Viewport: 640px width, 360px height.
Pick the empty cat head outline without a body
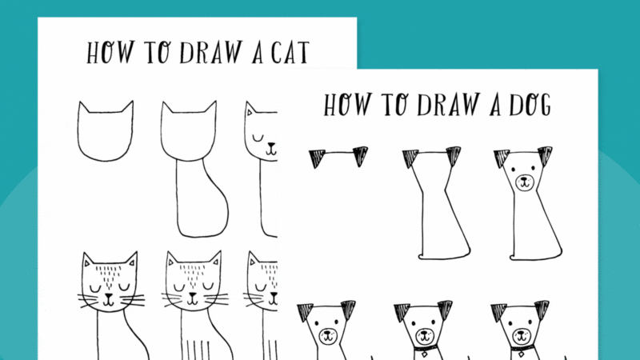click(x=105, y=133)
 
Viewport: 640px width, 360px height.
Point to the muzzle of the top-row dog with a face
click(x=523, y=182)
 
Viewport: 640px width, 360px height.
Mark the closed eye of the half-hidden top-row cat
click(x=258, y=138)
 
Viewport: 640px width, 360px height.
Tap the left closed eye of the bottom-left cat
click(x=98, y=284)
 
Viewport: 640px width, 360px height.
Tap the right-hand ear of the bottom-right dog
click(x=542, y=310)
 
